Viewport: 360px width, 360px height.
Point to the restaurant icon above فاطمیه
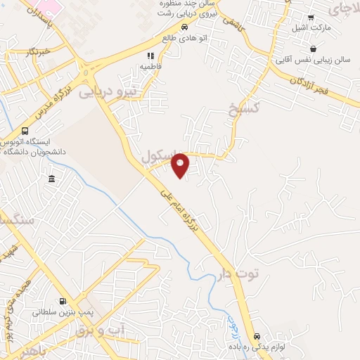click(x=150, y=55)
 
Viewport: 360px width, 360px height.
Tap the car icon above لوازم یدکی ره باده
click(x=258, y=337)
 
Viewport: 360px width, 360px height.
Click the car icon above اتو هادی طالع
click(x=184, y=27)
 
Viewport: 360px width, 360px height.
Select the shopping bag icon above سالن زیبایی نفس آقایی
click(x=312, y=49)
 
